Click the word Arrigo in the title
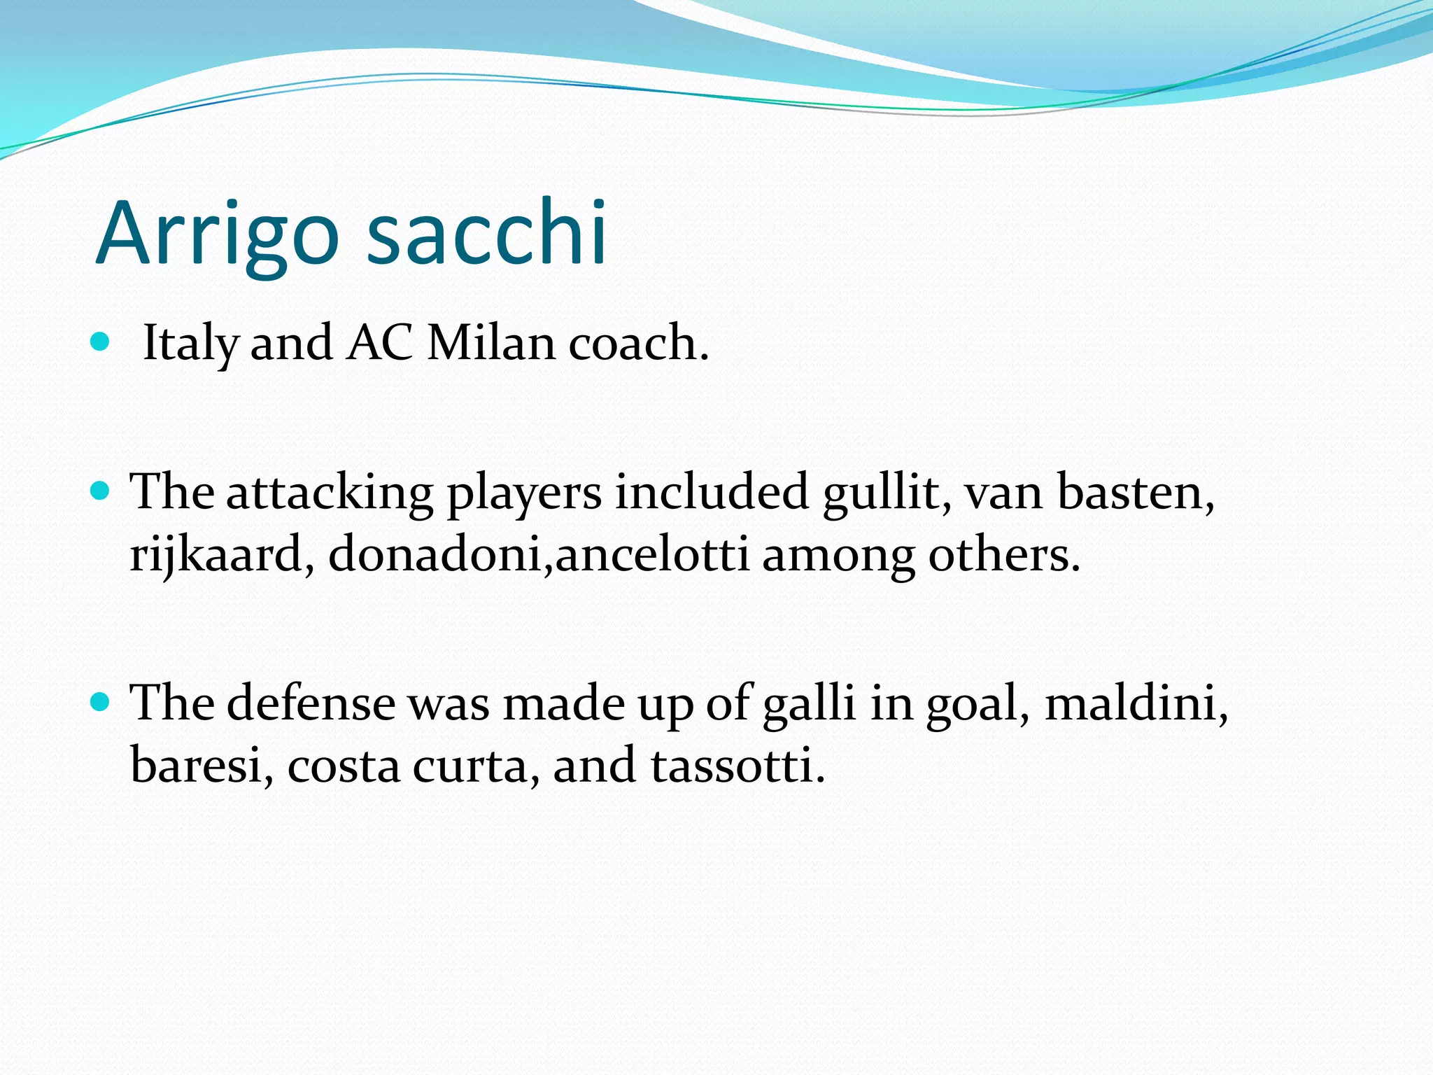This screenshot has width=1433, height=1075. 217,234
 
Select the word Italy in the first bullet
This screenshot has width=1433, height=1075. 190,344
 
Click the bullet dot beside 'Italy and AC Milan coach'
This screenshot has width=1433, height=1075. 101,342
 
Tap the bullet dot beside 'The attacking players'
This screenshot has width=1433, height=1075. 101,491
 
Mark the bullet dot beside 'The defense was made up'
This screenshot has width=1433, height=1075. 101,701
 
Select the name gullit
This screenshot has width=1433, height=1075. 886,493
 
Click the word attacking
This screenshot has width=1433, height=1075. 329,494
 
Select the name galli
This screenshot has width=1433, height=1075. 809,704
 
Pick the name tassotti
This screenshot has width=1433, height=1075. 737,765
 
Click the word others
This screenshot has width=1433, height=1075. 1003,554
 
